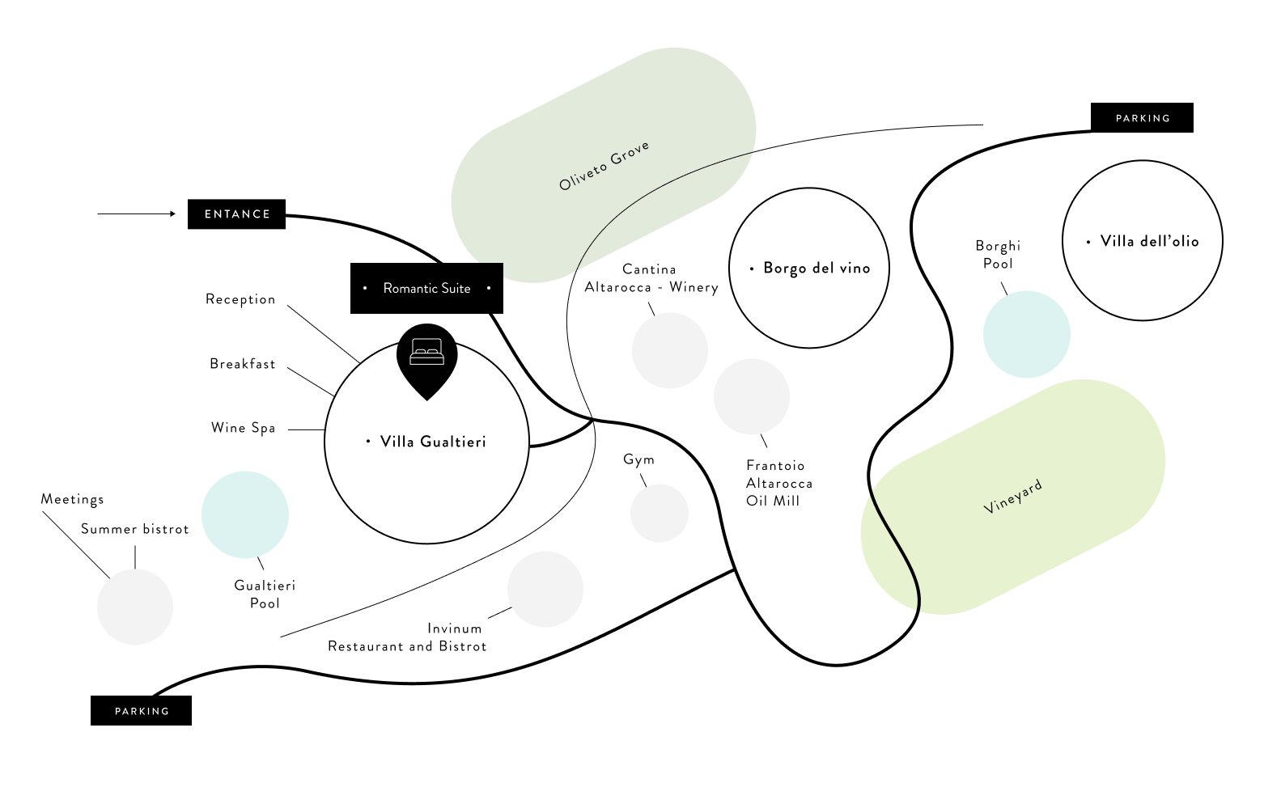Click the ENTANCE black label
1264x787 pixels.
(236, 214)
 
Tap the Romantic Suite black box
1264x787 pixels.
(426, 288)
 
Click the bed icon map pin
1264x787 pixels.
(426, 357)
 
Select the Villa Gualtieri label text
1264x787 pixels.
(433, 442)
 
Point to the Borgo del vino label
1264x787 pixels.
(816, 269)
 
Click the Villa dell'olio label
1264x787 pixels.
(1149, 241)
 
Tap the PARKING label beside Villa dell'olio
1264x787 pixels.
(1142, 118)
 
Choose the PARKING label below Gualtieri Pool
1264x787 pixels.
(142, 711)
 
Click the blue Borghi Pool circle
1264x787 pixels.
(1026, 334)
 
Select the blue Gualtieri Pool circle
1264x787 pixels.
(245, 514)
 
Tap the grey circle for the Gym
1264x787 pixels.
(660, 513)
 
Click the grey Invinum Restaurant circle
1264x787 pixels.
(545, 589)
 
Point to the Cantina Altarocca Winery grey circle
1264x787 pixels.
(670, 350)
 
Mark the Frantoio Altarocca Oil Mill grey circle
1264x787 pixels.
(752, 396)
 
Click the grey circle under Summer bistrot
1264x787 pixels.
(135, 607)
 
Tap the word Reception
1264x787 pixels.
(240, 299)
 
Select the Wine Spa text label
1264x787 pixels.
(243, 428)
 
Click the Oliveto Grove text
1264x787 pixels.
(604, 166)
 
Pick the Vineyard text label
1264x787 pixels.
(1012, 497)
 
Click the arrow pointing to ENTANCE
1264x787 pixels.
(136, 214)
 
